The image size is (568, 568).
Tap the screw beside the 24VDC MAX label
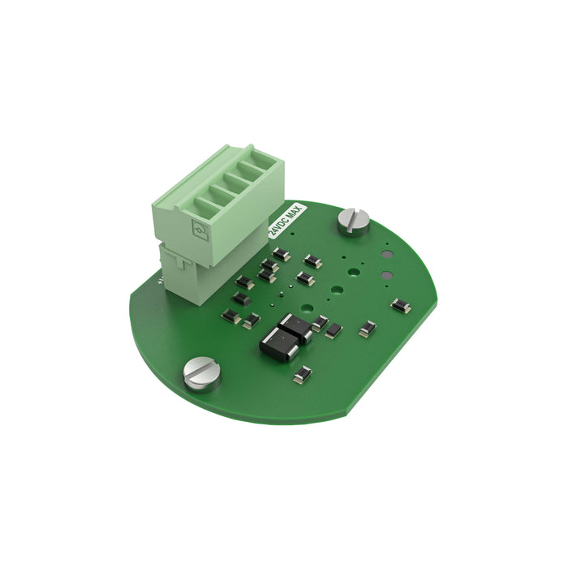pos(353,219)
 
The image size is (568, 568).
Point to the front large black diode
pos(276,344)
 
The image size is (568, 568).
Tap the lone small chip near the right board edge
pos(400,305)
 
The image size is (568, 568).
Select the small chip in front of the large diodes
pos(302,374)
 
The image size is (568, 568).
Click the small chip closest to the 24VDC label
pos(282,255)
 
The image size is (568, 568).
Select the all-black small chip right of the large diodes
pos(333,330)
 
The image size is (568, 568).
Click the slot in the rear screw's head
pos(353,219)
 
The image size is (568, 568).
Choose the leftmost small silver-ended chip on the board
pos(231,315)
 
